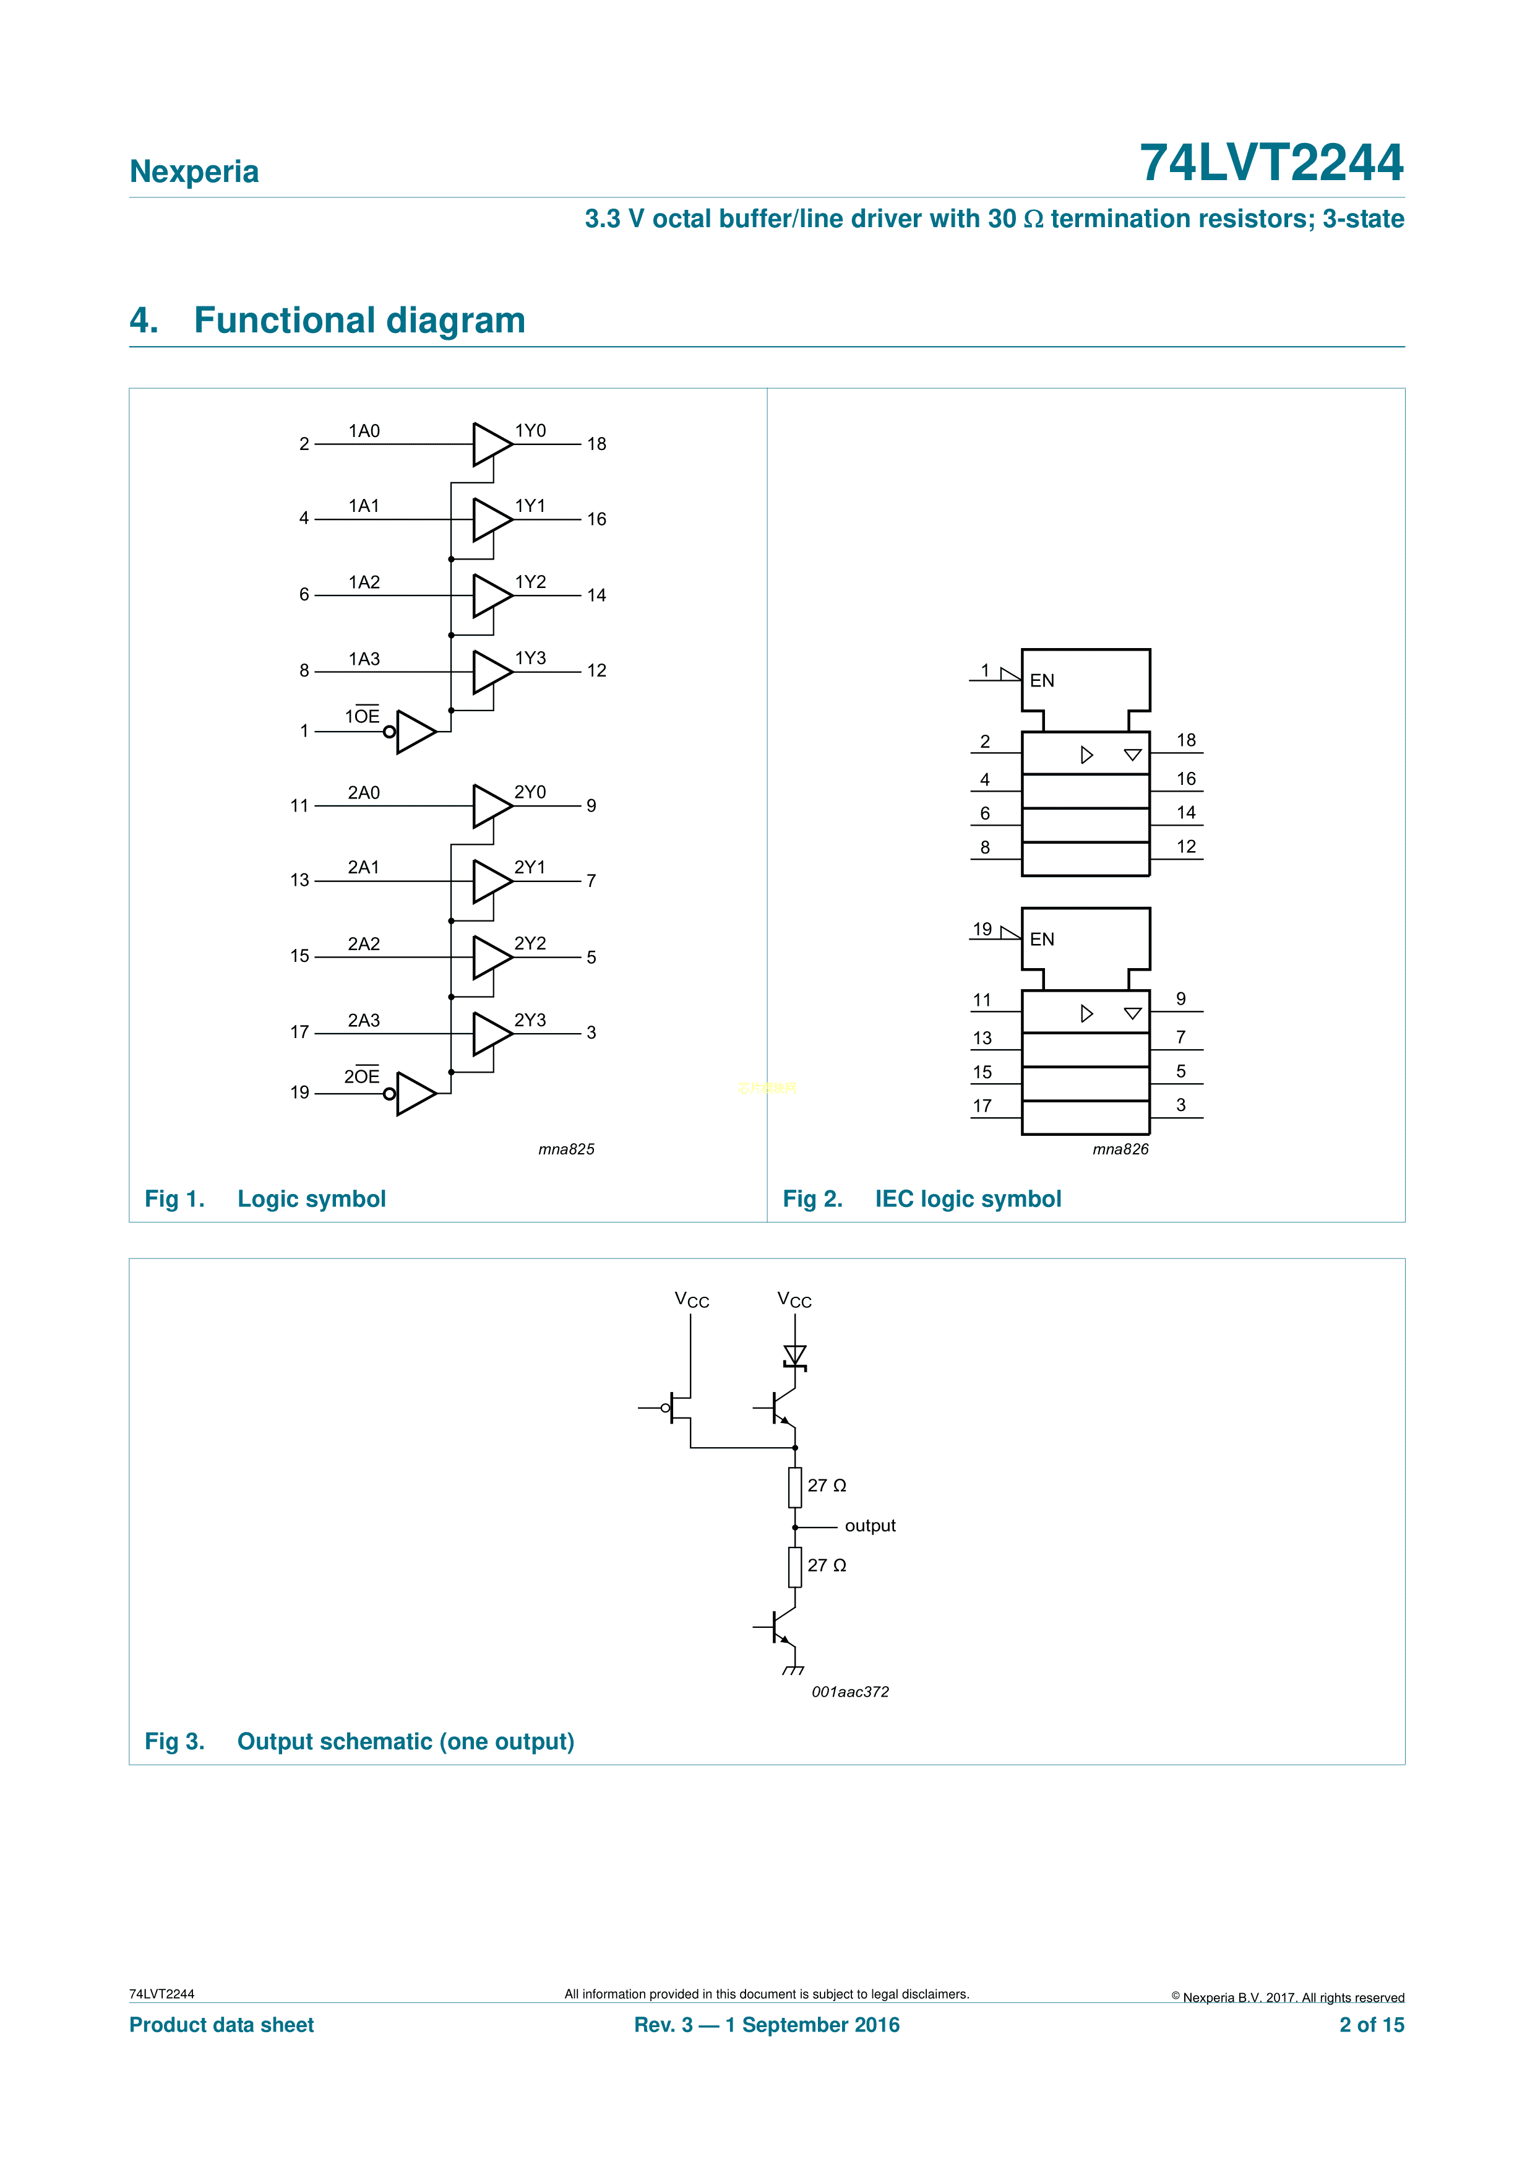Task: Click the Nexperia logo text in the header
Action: pos(194,171)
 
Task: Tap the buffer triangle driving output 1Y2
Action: pos(491,595)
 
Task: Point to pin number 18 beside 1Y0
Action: pos(596,444)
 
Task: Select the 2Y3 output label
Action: pos(530,1020)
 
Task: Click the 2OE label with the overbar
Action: pos(361,1076)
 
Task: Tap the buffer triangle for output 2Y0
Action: pos(491,806)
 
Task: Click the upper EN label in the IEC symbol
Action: pos(1041,680)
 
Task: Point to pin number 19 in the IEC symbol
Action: pos(982,929)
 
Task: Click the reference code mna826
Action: pos(1120,1149)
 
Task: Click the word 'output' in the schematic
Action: pos(869,1526)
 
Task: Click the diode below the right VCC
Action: pos(794,1356)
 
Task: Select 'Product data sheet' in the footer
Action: pos(221,2025)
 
